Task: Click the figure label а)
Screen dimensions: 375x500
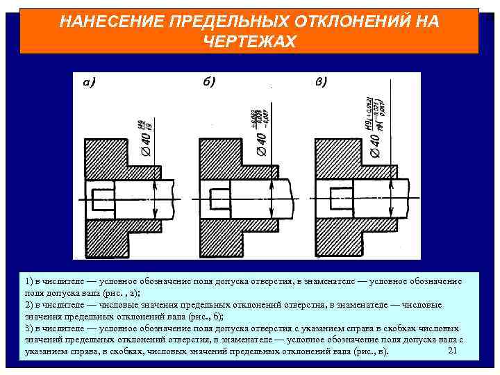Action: tap(89, 83)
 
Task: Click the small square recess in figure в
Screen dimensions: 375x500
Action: tap(340, 195)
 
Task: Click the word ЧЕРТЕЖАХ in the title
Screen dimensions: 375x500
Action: tap(249, 42)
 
